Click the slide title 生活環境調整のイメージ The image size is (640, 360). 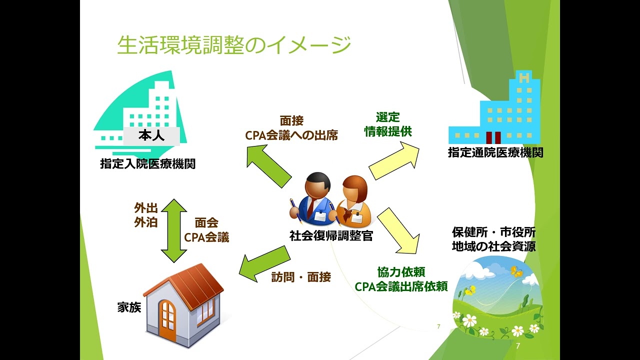(x=234, y=45)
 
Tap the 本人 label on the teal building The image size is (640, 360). (x=151, y=135)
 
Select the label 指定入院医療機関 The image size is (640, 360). (x=147, y=163)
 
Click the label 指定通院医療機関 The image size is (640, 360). (x=495, y=153)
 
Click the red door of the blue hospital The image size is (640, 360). (x=493, y=137)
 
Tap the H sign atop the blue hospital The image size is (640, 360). (x=524, y=77)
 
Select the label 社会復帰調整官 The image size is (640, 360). (x=331, y=235)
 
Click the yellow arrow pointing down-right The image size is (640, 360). (x=398, y=231)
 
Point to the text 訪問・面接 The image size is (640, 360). (x=301, y=277)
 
